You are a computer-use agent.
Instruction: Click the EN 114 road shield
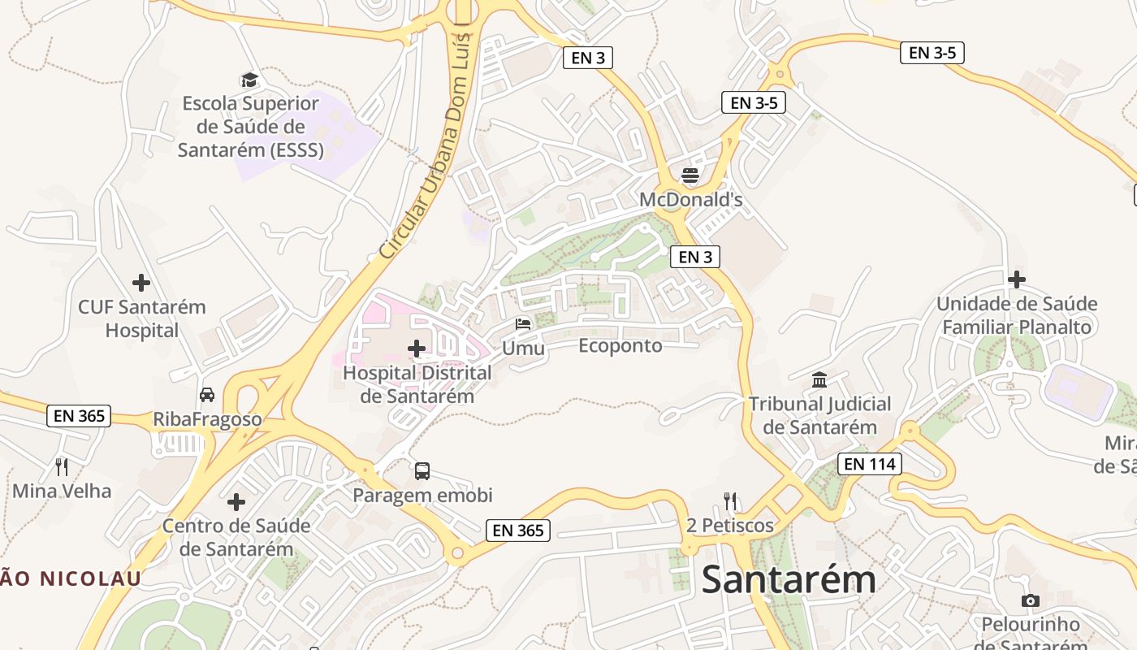(x=870, y=464)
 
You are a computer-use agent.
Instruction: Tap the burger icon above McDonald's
(x=690, y=175)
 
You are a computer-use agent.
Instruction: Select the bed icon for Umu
(x=523, y=324)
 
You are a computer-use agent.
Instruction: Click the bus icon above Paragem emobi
(x=422, y=471)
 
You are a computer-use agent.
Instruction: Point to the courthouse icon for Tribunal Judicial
(x=819, y=380)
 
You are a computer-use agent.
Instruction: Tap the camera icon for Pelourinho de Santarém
(x=1031, y=600)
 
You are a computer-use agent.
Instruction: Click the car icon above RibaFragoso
(x=207, y=395)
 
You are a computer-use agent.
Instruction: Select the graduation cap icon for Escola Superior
(x=249, y=80)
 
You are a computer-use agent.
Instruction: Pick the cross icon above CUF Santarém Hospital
(x=141, y=283)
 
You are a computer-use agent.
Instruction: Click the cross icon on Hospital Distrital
(x=417, y=349)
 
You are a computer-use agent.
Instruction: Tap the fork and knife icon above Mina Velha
(x=62, y=466)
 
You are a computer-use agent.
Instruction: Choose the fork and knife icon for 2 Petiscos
(x=730, y=500)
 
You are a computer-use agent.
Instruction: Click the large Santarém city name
(x=789, y=580)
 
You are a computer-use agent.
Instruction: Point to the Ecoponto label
(x=620, y=346)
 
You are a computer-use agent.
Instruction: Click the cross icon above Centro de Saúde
(x=236, y=502)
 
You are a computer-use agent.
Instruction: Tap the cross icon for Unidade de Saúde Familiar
(x=1016, y=279)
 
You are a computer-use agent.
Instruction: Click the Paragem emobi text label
(x=422, y=495)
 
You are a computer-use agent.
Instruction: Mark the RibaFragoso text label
(x=208, y=419)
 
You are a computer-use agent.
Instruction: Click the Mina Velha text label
(x=62, y=491)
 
